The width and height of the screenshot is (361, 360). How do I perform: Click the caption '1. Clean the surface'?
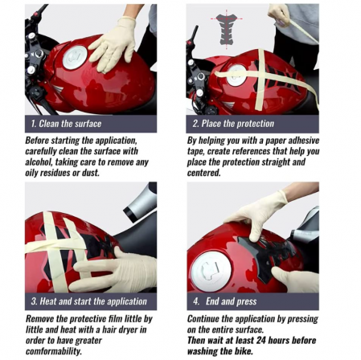(66, 123)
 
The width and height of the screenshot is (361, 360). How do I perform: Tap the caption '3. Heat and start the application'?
(88, 301)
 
